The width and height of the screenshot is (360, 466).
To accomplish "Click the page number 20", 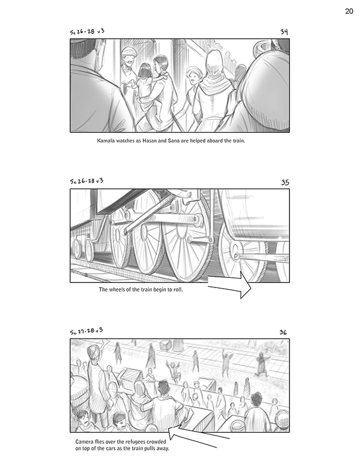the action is coord(349,11).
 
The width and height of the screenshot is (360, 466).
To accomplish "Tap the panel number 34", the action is coord(284,32).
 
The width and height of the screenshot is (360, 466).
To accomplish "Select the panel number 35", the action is coord(285,182).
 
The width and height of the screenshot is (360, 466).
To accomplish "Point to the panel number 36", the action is coord(283,332).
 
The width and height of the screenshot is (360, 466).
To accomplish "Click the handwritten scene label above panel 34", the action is coord(87,32).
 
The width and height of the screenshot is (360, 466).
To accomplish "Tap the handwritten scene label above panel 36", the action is coord(86,330).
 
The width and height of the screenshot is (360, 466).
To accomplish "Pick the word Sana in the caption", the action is coord(174,141).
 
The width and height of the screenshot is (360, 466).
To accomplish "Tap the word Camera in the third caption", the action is coord(84,442).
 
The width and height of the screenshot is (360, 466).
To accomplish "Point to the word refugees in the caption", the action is coord(135,442).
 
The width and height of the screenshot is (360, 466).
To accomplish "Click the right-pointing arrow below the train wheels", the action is coord(230,285).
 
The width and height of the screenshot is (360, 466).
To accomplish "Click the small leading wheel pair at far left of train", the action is coord(83,249).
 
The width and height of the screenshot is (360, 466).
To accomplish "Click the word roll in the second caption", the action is coord(178,289).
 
